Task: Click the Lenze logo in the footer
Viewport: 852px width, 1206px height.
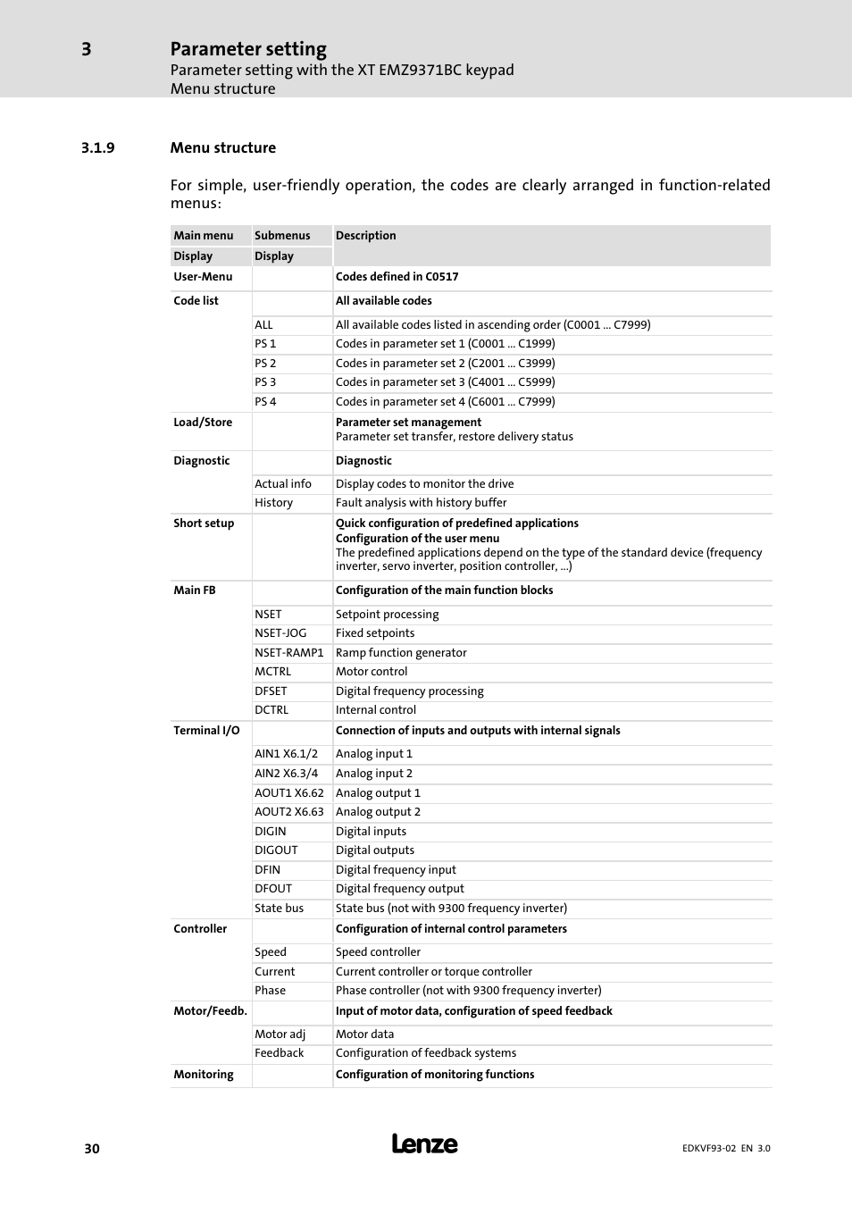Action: coord(424,1144)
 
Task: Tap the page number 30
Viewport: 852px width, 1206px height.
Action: coord(92,1149)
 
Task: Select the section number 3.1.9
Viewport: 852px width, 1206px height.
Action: coord(97,148)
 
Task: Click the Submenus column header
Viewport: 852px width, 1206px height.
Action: coord(282,236)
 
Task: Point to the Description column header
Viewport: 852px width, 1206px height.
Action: coord(365,236)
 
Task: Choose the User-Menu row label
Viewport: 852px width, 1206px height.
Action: coord(203,277)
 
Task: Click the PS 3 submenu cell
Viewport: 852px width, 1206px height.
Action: coord(265,382)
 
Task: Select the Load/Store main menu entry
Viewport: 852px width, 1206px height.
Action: coord(203,423)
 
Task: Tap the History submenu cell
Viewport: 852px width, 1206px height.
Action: coord(273,503)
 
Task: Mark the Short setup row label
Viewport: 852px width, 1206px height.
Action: coord(204,523)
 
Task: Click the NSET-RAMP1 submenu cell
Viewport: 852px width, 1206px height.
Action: coord(288,653)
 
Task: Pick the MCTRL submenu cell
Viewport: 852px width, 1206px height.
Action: coord(272,672)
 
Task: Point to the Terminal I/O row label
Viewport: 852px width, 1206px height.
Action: coord(206,731)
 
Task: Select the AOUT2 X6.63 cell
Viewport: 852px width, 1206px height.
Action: coord(288,812)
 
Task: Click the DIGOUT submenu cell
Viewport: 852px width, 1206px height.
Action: coord(276,850)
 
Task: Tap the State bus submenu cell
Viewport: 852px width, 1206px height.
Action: coord(279,909)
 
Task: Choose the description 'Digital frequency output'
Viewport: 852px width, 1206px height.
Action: coord(399,889)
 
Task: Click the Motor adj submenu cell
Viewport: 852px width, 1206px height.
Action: coord(280,1034)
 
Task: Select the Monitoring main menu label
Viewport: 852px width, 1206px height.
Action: coord(204,1075)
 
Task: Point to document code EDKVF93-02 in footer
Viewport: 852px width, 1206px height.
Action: coord(709,1149)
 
